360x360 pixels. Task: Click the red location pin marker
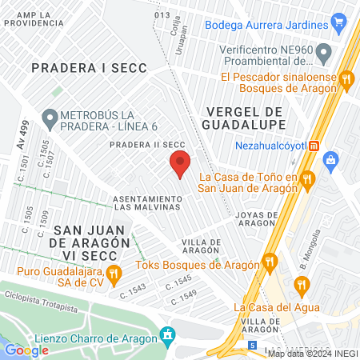(x=180, y=164)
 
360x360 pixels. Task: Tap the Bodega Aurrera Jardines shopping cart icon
(x=339, y=23)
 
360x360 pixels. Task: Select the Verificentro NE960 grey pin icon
(x=324, y=54)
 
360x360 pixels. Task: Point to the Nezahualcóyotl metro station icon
(x=314, y=146)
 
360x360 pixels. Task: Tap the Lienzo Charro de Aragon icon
(x=167, y=334)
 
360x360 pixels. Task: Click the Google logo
(x=26, y=350)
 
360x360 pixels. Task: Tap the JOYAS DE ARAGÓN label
(x=257, y=219)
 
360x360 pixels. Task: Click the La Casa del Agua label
(x=277, y=307)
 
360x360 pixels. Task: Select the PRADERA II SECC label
(x=142, y=144)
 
